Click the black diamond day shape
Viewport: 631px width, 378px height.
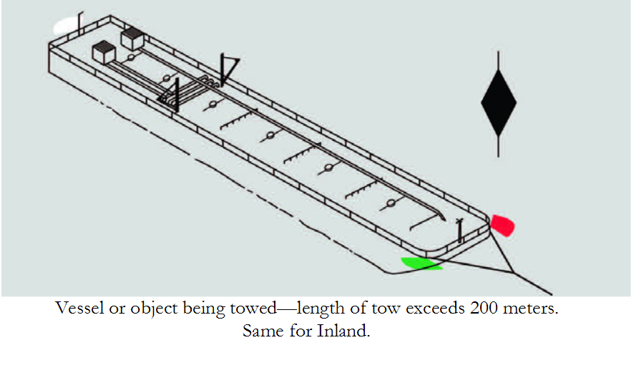499,103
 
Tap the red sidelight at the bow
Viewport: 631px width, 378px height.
502,226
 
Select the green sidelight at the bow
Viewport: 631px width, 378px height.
421,264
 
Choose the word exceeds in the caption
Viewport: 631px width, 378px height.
436,310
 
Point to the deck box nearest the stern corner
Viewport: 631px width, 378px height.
104,52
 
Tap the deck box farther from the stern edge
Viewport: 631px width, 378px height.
132,39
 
